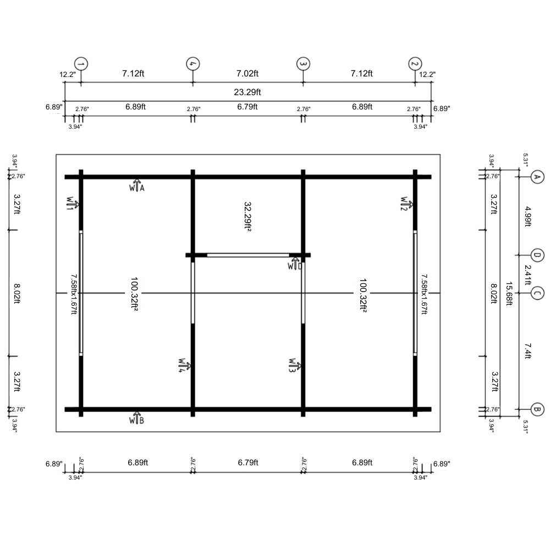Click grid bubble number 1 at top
tap(81, 64)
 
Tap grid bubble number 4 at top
tap(193, 64)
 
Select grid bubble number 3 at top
tap(304, 64)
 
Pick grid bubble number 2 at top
tap(415, 64)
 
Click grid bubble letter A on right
tap(537, 177)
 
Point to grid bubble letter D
tap(537, 255)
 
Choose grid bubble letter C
tap(537, 293)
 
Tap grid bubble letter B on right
tap(537, 409)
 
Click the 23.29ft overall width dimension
tap(248, 92)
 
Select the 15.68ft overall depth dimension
tap(509, 294)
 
